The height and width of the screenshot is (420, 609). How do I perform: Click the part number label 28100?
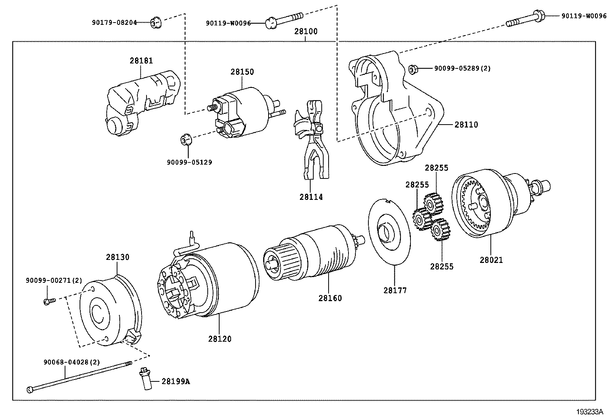coord(306,31)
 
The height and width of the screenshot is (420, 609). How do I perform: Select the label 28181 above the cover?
coord(141,60)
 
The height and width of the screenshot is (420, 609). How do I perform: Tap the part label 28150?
coord(242,72)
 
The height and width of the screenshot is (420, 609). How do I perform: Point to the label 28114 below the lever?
coord(311,197)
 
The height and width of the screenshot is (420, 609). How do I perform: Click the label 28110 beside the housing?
coord(466,125)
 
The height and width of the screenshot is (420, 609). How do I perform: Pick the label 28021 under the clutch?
coord(491,260)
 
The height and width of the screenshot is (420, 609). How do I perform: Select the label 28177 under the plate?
coord(395,290)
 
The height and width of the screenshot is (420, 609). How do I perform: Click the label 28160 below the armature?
coord(330,298)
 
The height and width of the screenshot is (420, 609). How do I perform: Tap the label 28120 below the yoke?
coord(220,339)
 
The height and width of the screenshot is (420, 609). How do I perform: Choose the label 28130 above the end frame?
coord(117,257)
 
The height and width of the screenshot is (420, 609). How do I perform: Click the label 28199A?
coord(175,381)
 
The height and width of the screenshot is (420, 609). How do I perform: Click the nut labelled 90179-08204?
coord(155,23)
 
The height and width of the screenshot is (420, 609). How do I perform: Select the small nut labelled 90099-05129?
coord(186,139)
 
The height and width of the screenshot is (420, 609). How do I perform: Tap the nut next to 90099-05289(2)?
coord(413,69)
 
